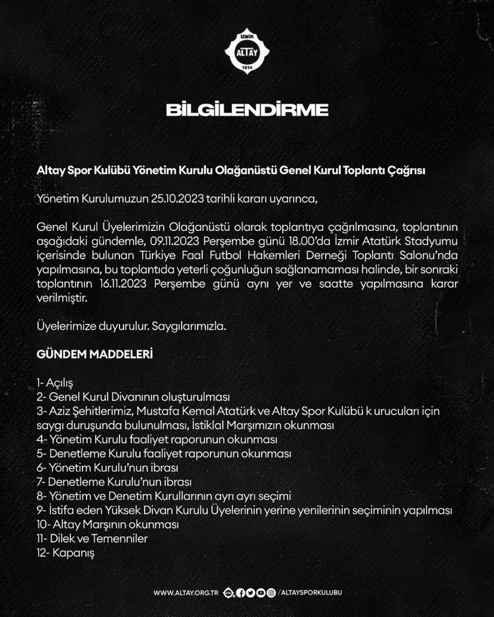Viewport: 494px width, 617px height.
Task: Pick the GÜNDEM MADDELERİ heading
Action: pyautogui.click(x=94, y=354)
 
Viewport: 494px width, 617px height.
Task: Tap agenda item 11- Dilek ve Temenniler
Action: pyautogui.click(x=92, y=538)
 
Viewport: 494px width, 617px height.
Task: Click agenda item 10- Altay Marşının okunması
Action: pyautogui.click(x=108, y=525)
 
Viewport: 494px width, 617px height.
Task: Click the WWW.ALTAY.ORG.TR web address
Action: pyautogui.click(x=186, y=593)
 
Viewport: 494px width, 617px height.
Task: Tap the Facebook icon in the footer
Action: pyautogui.click(x=240, y=593)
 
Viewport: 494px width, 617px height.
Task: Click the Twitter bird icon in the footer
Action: pyautogui.click(x=250, y=593)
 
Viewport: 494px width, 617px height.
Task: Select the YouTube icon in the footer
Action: pyautogui.click(x=261, y=593)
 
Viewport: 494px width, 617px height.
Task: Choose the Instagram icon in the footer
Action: pyautogui.click(x=271, y=593)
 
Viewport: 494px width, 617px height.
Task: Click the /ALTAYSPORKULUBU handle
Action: pyautogui.click(x=310, y=593)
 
